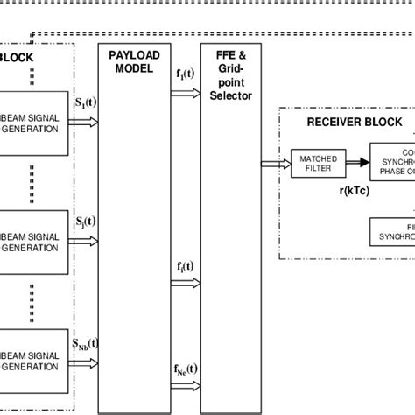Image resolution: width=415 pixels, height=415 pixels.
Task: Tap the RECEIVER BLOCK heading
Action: (x=355, y=122)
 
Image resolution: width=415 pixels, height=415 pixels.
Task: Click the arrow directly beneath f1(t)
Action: (x=186, y=91)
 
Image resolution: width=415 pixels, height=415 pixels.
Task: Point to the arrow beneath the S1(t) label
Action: (x=86, y=123)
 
